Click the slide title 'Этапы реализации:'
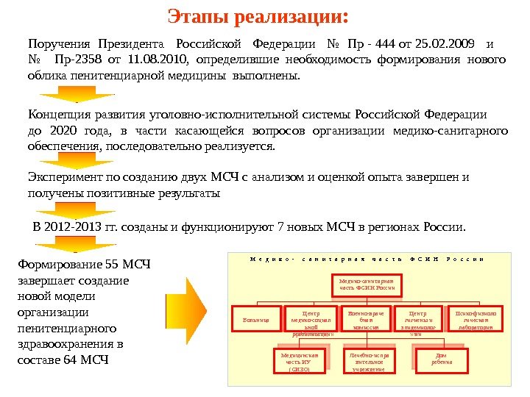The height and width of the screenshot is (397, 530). coord(257,15)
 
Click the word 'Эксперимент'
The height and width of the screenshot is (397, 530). coord(64,177)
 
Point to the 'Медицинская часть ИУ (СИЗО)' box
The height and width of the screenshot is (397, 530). coord(300,360)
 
